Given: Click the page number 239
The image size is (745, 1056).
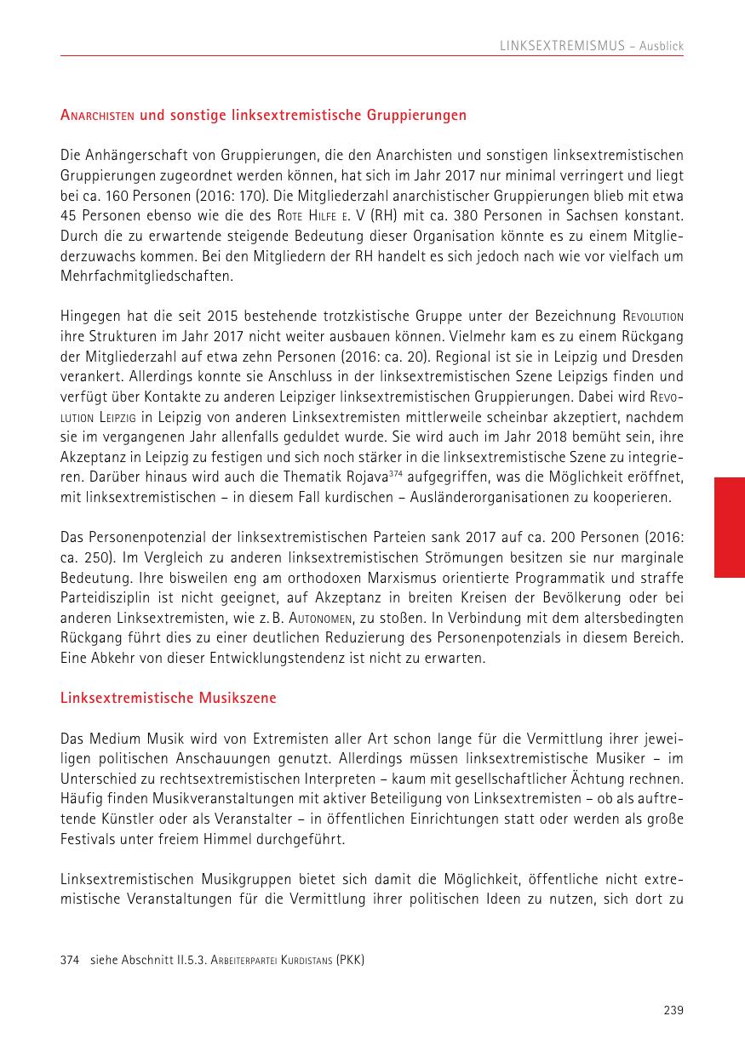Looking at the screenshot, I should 673,1010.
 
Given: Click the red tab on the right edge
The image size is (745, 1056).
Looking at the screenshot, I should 729,528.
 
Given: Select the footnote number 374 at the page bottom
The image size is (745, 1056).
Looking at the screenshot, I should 70,961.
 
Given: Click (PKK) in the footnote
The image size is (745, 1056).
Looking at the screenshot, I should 350,961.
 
